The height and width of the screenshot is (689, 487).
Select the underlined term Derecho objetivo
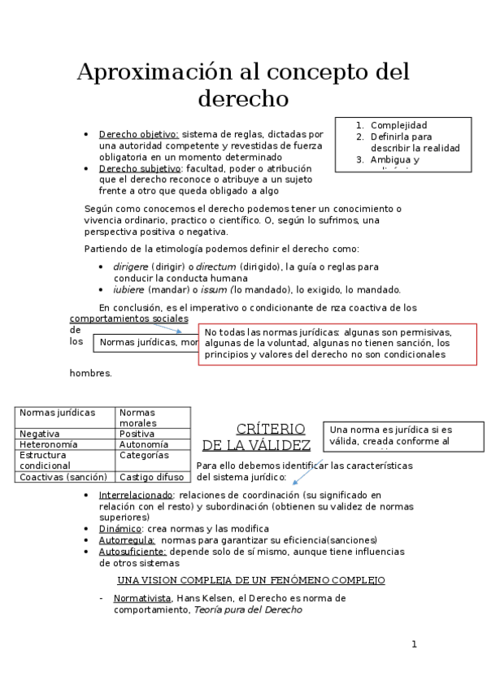point(138,135)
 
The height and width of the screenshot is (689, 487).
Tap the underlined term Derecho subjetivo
point(140,168)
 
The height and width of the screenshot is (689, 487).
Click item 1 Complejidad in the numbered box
point(398,125)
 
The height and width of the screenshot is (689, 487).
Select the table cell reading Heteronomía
point(49,444)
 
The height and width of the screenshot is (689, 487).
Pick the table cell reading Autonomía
point(144,444)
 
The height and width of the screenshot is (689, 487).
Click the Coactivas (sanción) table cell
point(63,477)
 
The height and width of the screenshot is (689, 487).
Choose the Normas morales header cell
point(138,418)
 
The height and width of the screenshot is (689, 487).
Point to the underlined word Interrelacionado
point(136,495)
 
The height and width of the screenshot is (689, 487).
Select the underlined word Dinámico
point(120,528)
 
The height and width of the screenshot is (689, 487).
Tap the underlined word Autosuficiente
point(132,551)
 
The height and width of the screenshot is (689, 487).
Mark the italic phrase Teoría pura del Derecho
point(247,609)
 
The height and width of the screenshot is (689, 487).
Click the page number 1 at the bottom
point(414,644)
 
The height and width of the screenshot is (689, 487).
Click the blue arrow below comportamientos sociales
point(180,327)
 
